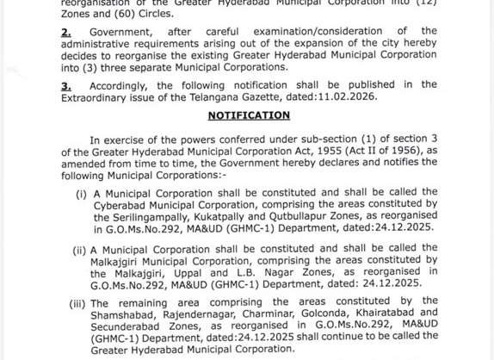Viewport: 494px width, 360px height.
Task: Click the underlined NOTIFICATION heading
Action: (249, 115)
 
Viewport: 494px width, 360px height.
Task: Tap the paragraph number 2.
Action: (65, 30)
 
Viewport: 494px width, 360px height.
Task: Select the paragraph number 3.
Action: (65, 84)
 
